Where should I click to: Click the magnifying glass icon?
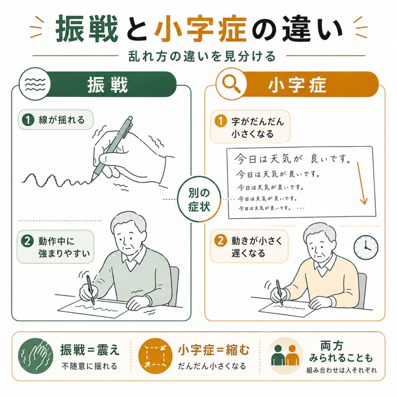pos(231,84)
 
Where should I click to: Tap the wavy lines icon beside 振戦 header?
pos(35,84)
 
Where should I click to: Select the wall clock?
pos(366,247)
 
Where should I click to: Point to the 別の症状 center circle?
pos(199,199)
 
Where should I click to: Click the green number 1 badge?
pos(28,119)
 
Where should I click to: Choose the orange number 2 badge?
pos(221,240)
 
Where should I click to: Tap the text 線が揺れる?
pos(62,120)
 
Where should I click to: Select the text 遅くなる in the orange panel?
pos(248,253)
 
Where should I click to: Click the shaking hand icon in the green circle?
pos(35,356)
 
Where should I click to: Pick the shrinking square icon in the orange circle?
pos(155,356)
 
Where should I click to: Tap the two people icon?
pos(285,356)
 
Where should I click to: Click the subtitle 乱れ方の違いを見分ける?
pos(202,56)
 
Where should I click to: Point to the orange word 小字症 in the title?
pos(200,29)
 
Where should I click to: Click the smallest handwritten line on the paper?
pos(271,208)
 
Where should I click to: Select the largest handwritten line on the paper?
pos(292,159)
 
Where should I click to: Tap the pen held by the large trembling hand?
pos(111,149)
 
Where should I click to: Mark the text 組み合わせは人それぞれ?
pos(342,370)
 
